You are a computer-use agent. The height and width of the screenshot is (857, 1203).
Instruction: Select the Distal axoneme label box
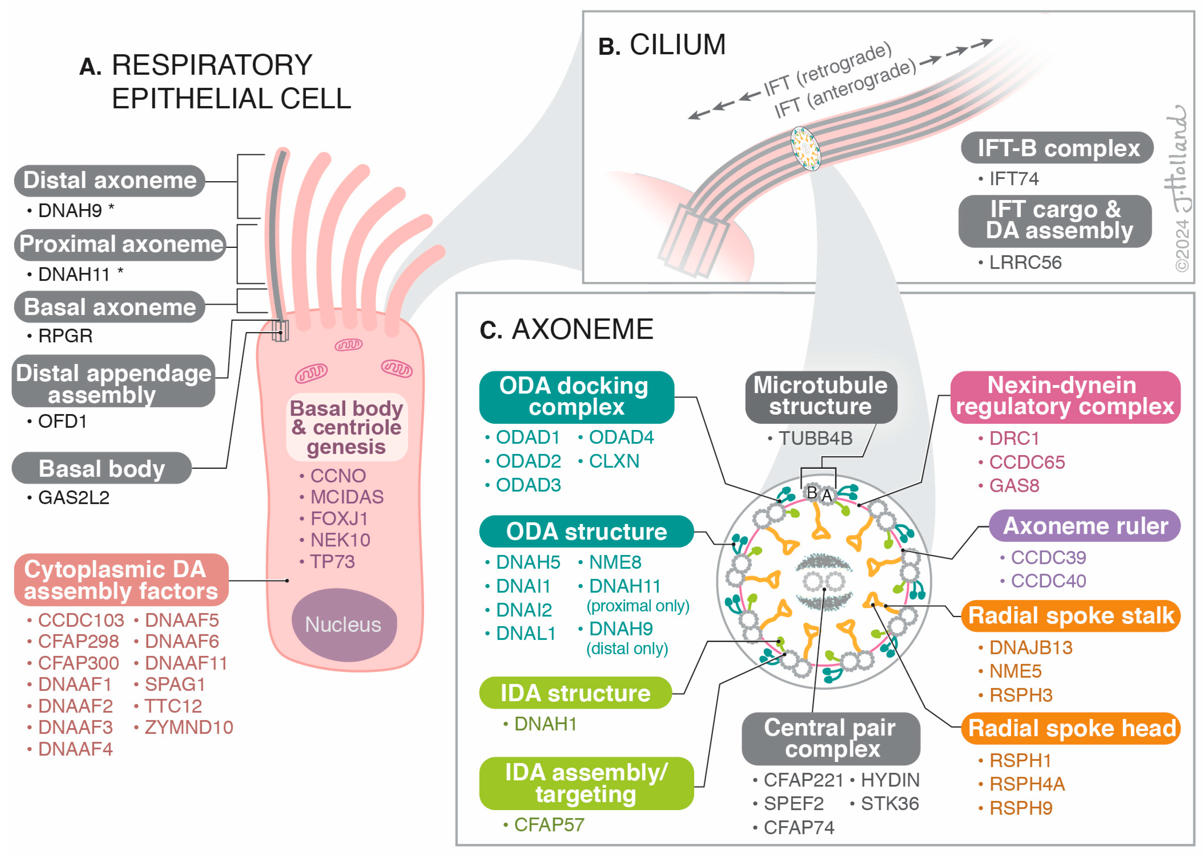(x=110, y=181)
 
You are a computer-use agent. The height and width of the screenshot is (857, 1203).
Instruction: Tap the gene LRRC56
(x=1025, y=262)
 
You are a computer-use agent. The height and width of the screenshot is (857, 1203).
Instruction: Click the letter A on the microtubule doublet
(x=827, y=495)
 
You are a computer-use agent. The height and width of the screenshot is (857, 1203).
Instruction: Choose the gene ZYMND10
(x=188, y=727)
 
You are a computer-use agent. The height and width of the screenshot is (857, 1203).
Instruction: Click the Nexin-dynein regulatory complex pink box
(x=1065, y=397)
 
